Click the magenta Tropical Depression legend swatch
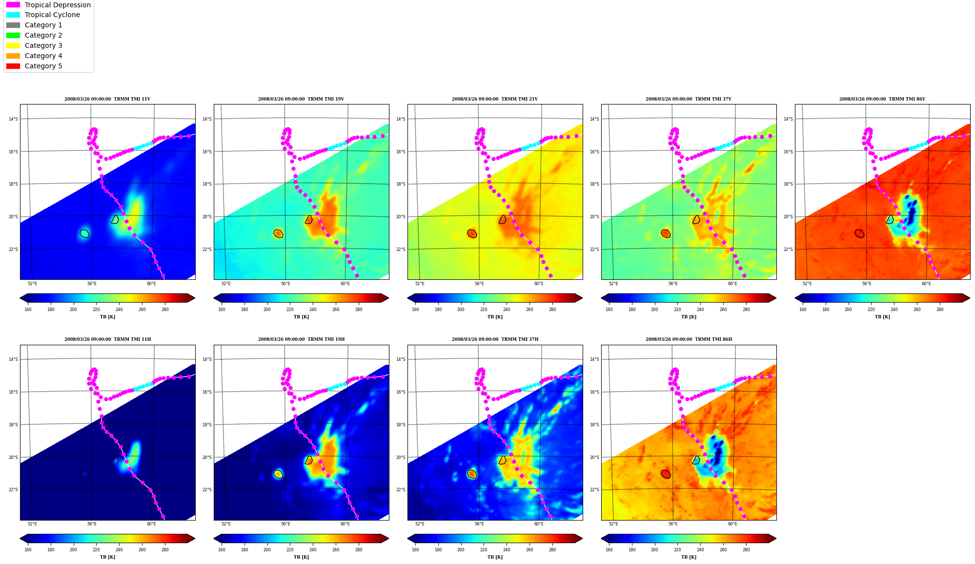click(x=13, y=5)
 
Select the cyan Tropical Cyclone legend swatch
click(x=13, y=15)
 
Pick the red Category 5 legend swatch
click(x=13, y=66)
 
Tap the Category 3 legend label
click(x=43, y=45)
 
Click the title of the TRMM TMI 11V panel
click(x=107, y=99)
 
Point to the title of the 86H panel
click(x=689, y=339)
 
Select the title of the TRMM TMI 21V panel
click(x=495, y=99)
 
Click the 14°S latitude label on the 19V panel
click(x=207, y=119)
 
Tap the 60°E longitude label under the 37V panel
click(x=732, y=284)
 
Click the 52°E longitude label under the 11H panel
click(x=32, y=524)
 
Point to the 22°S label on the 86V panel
click(x=788, y=250)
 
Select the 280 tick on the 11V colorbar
click(x=165, y=309)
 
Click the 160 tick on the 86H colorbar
click(x=609, y=550)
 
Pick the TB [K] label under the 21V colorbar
click(x=495, y=317)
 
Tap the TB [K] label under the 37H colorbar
click(x=495, y=557)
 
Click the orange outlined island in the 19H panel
click(x=278, y=474)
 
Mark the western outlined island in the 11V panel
click(x=85, y=233)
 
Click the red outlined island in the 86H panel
click(x=666, y=474)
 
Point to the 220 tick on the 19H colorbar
click(x=290, y=550)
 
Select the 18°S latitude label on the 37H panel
click(x=401, y=425)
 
